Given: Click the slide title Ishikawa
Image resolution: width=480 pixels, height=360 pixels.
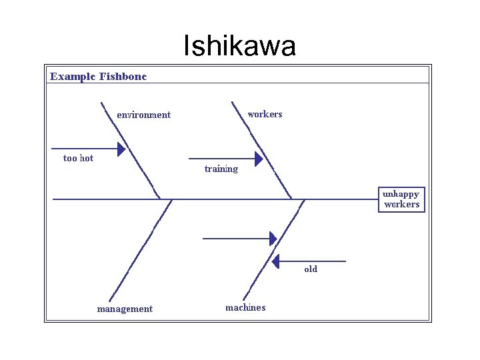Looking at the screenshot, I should tap(239, 46).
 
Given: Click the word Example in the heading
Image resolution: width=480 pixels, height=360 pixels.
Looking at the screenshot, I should tap(72, 76).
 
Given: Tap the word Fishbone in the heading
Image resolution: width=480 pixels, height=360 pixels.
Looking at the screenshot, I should tap(123, 76).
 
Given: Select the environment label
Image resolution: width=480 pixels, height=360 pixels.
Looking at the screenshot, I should tap(143, 115).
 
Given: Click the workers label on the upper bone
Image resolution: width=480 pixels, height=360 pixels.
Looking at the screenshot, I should tap(265, 114).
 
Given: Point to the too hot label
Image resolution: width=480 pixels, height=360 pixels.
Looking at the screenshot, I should tap(78, 158).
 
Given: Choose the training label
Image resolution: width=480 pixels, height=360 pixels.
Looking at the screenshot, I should tap(221, 169).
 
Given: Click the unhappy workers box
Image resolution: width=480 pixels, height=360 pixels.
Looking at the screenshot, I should tap(401, 199).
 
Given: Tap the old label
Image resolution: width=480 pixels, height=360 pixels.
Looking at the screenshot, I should tap(311, 269).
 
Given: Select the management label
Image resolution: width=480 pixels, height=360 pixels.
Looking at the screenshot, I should tap(125, 309).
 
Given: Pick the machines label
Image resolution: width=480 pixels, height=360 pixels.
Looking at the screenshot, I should tap(245, 307).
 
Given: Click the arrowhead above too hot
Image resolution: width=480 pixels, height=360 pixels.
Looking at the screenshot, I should tap(121, 148).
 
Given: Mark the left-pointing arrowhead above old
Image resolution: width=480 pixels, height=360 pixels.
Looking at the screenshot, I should tap(276, 261).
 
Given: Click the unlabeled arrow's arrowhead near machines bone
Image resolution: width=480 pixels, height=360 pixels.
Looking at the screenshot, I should tap(273, 238).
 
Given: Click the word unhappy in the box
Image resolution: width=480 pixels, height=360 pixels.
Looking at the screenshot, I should tap(401, 193).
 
